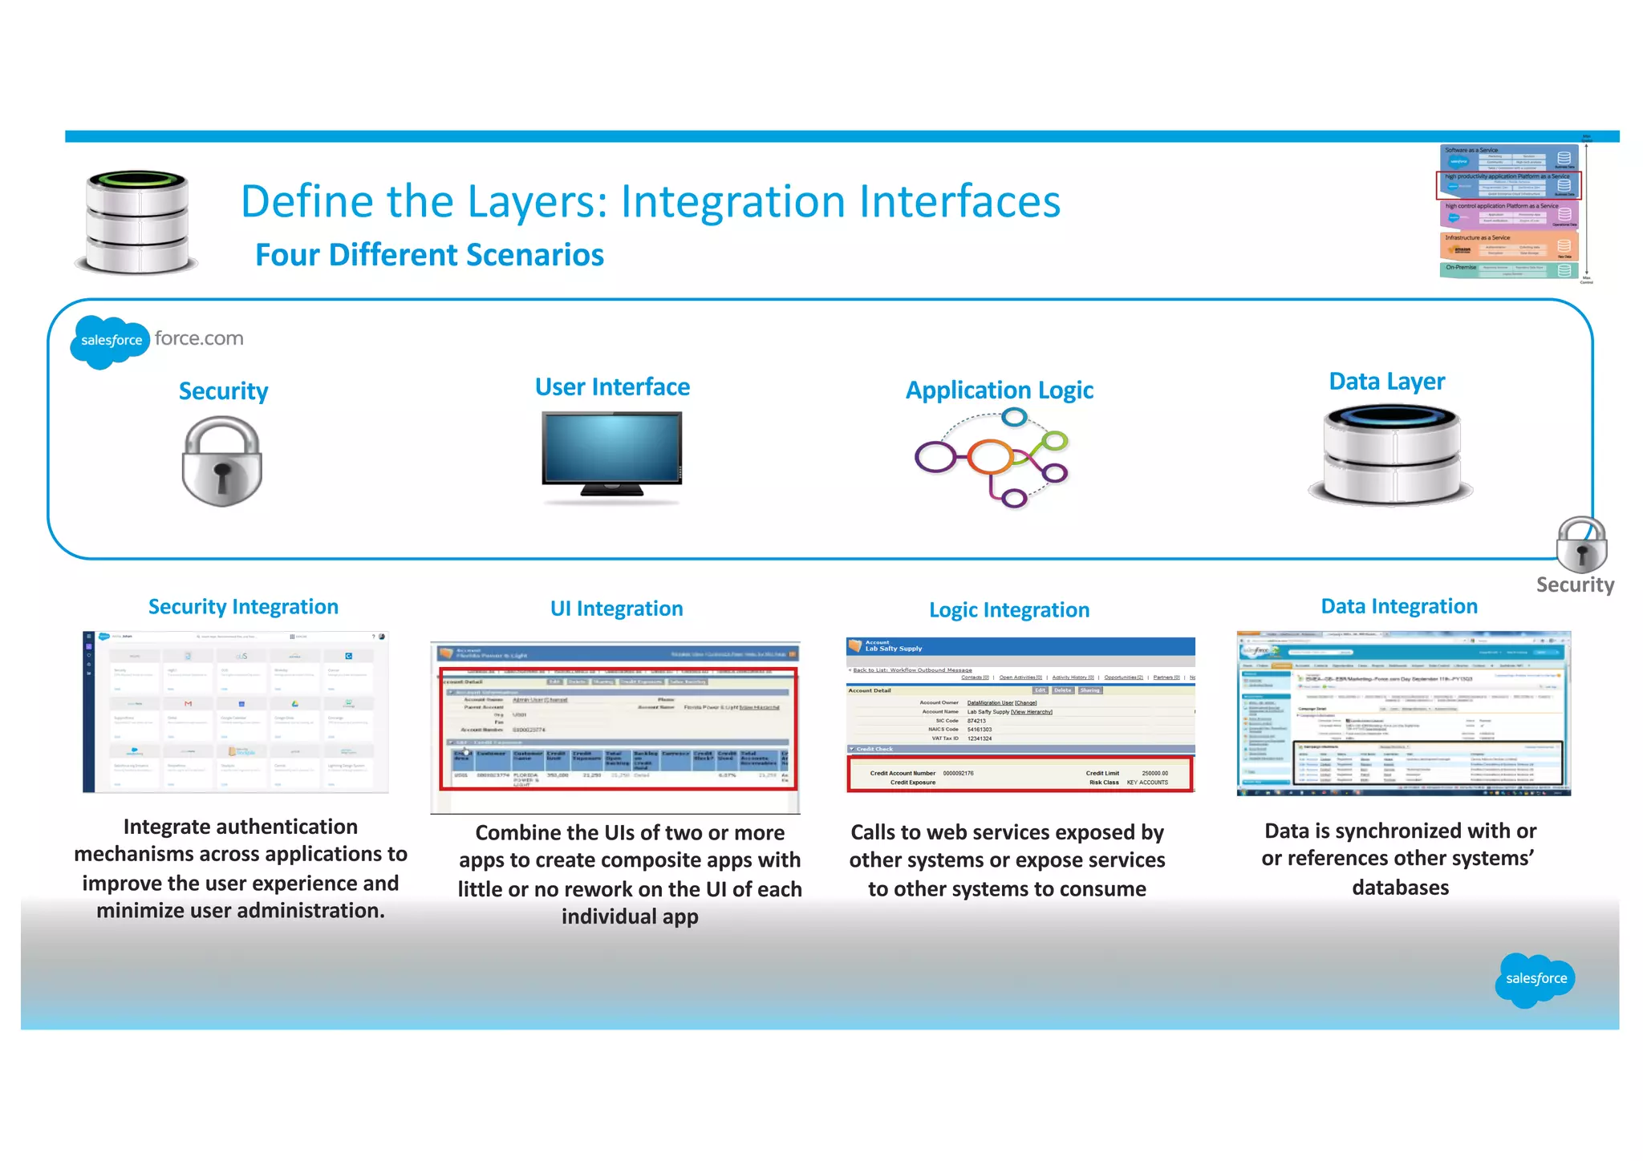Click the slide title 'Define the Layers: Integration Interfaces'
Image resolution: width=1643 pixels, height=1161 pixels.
coord(650,201)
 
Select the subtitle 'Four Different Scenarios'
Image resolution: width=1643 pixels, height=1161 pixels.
coord(429,255)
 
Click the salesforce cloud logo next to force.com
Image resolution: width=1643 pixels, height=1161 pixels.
coord(110,341)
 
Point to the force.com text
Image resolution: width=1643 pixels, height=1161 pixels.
coord(199,338)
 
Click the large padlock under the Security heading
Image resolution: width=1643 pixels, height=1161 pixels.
coord(222,463)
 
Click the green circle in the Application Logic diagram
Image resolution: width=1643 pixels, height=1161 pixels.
coord(1055,440)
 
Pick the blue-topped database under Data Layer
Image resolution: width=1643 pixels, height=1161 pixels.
coord(1392,455)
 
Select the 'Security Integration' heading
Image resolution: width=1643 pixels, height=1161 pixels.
coord(243,607)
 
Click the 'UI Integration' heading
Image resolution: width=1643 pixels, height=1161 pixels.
coord(616,609)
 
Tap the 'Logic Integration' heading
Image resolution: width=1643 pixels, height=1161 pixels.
coord(1008,610)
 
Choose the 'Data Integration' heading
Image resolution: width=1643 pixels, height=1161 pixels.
coord(1399,606)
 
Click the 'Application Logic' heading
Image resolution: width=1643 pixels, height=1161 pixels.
coord(999,390)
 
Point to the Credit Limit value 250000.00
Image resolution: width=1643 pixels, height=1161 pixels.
coord(1154,773)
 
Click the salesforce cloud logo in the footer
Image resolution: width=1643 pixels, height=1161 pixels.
coord(1535,978)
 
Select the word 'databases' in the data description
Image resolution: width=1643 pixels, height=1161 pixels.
coord(1400,888)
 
